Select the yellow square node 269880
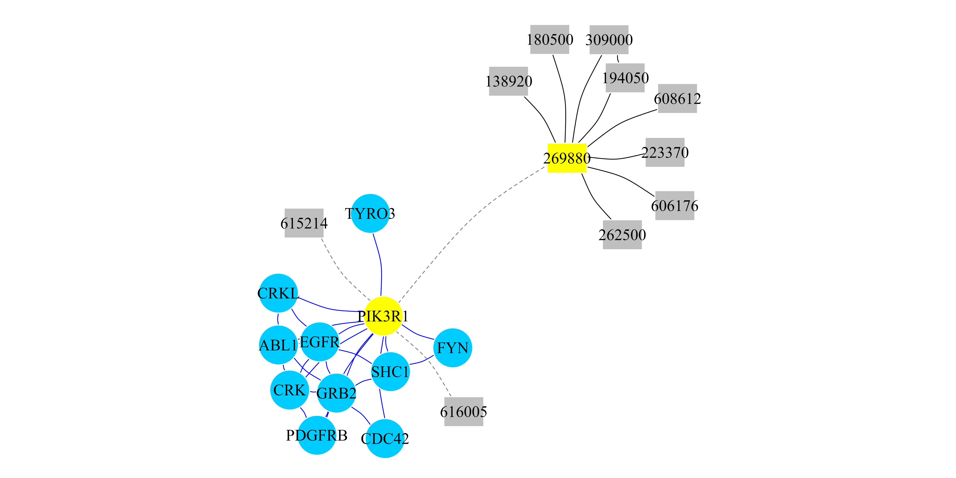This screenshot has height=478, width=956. click(567, 158)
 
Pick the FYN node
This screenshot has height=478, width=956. click(452, 348)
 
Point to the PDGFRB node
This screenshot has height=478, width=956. click(317, 435)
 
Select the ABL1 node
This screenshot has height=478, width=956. click(278, 345)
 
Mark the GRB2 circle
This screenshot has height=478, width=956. click(336, 393)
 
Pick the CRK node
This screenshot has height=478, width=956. click(289, 390)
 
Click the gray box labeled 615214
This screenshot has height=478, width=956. click(304, 223)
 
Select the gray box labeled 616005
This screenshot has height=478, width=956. click(464, 412)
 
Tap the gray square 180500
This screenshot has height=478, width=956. click(550, 39)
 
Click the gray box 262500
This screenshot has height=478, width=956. click(622, 235)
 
